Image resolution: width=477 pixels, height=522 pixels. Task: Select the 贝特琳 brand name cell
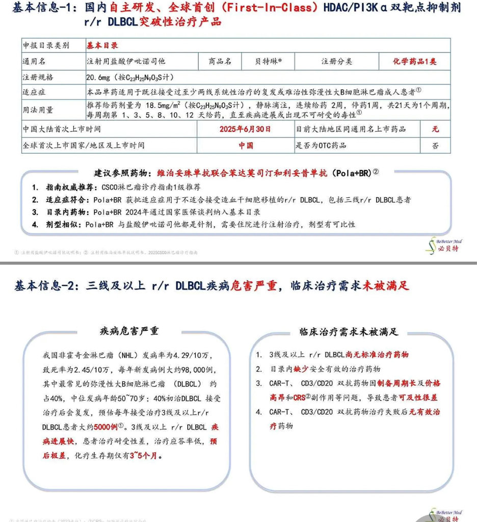[x=268, y=61]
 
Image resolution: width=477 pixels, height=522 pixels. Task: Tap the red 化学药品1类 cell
[x=414, y=61]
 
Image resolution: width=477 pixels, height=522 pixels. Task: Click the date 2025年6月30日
[x=245, y=129]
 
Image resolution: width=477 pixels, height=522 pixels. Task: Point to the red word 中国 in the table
[x=246, y=145]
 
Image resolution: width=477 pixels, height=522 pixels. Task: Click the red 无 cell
[x=435, y=129]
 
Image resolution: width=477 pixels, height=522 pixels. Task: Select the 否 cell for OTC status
[x=435, y=145]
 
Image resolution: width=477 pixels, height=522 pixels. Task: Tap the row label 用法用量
[x=38, y=110]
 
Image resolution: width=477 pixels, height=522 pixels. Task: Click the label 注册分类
[x=336, y=61]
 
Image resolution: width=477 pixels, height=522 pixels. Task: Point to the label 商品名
[x=220, y=61]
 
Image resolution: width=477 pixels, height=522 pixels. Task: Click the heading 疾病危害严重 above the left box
[x=129, y=331]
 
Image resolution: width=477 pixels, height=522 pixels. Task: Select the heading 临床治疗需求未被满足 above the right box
[x=349, y=332]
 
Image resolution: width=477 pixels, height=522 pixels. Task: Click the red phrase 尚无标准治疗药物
[x=377, y=354]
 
